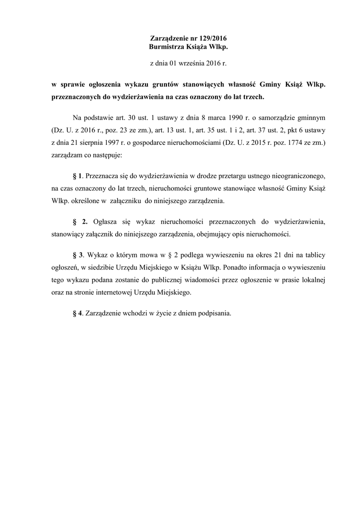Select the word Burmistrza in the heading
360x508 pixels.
[167, 47]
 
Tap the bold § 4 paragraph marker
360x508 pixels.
[77, 314]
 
